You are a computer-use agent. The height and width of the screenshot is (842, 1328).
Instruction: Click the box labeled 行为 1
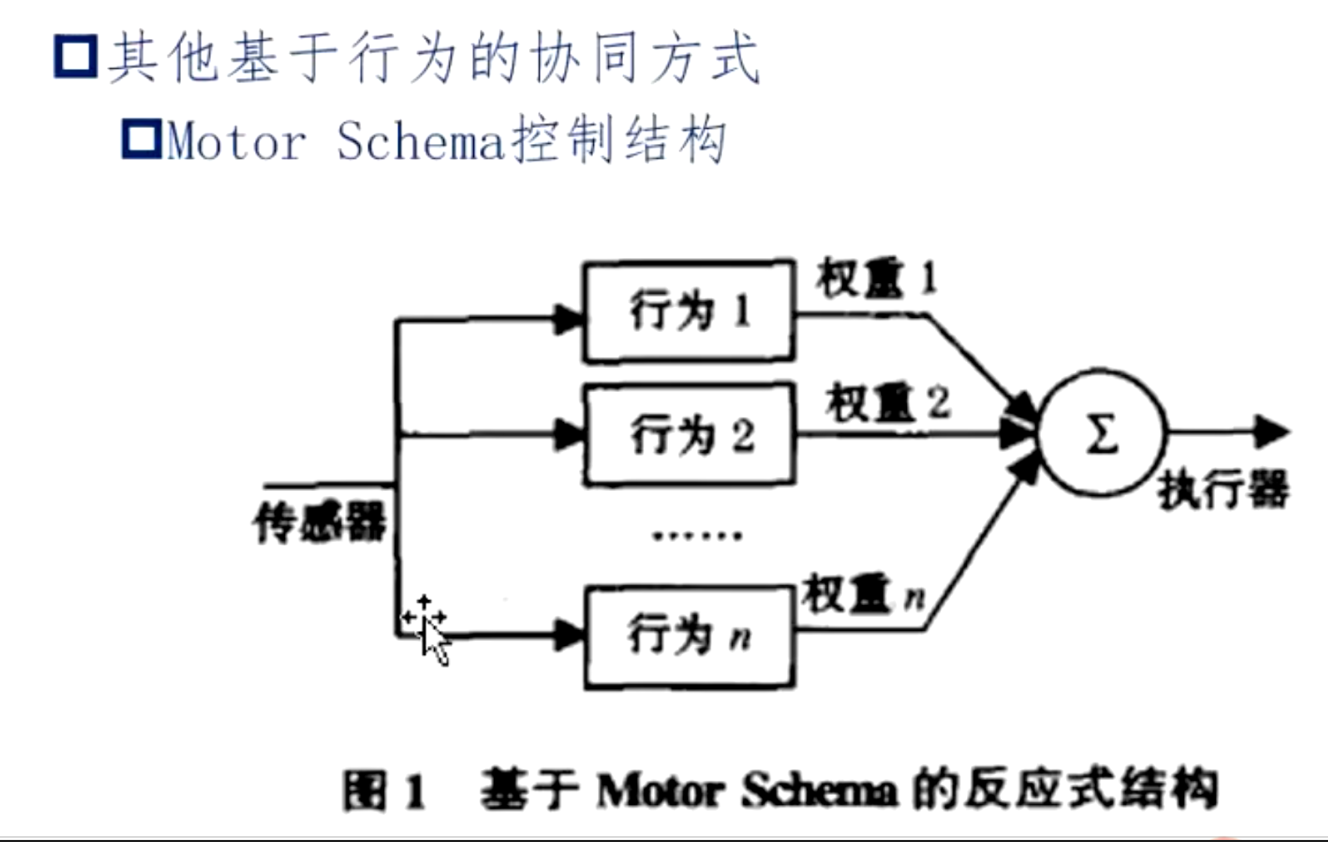(688, 312)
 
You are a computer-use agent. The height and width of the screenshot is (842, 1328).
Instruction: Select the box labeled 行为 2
(688, 435)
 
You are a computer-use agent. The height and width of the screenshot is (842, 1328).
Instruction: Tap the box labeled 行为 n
(688, 637)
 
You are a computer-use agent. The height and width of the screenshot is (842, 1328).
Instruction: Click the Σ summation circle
(1102, 435)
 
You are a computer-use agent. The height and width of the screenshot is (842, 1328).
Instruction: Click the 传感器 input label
(319, 521)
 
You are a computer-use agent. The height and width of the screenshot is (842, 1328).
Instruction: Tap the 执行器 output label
(1224, 491)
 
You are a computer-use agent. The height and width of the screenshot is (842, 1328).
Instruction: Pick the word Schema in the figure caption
(819, 791)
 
